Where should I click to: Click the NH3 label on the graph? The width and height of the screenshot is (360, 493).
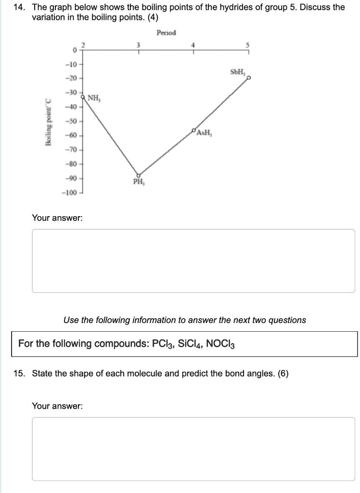94,99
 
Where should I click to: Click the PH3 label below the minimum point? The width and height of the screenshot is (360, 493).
139,182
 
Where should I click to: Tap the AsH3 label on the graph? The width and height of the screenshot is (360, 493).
206,133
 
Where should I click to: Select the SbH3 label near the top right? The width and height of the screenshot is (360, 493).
238,72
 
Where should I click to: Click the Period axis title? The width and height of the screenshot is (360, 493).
166,33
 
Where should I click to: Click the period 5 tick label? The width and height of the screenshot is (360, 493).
248,45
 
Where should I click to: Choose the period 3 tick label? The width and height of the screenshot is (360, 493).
139,45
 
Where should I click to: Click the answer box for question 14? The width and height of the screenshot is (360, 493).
193,260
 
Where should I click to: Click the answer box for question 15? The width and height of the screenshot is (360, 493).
193,448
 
